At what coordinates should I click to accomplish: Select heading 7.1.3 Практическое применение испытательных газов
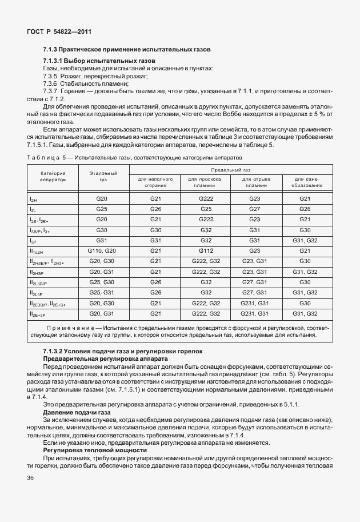(x=127, y=50)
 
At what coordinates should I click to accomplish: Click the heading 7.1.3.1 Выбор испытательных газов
(x=99, y=61)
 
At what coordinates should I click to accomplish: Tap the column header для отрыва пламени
(x=254, y=182)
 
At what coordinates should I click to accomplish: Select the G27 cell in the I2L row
(x=254, y=209)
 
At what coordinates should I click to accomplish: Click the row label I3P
(x=33, y=241)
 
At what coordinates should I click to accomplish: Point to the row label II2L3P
(x=38, y=293)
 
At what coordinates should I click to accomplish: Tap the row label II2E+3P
(x=39, y=314)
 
